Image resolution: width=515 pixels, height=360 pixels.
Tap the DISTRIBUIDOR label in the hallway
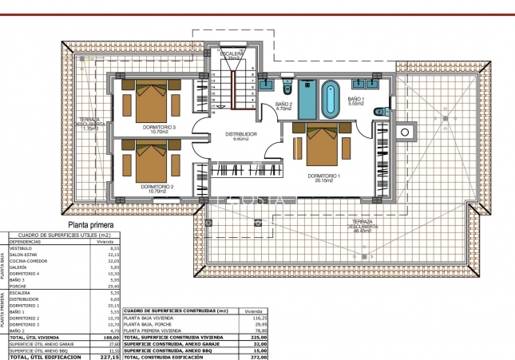click(x=240, y=135)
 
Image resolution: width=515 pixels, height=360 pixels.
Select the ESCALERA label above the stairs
click(x=232, y=53)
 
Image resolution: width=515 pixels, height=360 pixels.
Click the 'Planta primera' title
click(x=90, y=226)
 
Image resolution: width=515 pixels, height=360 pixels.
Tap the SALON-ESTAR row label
click(x=24, y=255)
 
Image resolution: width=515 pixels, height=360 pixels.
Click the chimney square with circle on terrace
click(x=405, y=131)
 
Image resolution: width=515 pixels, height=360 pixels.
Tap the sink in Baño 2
click(x=264, y=82)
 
